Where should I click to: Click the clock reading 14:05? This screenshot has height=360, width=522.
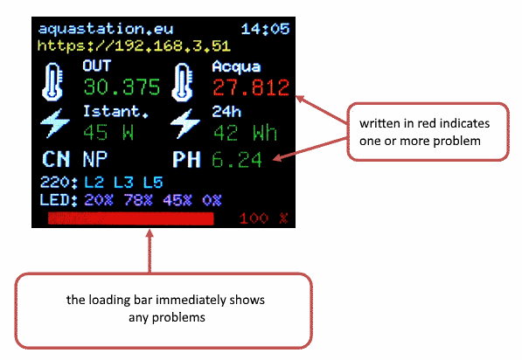tap(265, 29)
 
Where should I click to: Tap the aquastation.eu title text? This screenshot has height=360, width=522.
tap(106, 29)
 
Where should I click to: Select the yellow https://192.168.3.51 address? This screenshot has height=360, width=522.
tap(134, 45)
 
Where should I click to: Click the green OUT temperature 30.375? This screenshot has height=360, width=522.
tap(122, 87)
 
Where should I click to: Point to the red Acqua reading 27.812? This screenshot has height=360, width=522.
tap(251, 88)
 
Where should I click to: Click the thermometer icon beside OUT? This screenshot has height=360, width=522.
tap(52, 82)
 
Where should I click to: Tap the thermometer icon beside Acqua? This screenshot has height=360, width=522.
tap(182, 82)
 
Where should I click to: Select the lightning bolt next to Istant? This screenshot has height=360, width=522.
tap(55, 123)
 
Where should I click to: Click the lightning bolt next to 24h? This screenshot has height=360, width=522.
tap(185, 123)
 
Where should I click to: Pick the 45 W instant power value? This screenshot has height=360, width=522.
tap(108, 133)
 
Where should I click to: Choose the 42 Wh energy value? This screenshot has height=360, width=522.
tap(245, 133)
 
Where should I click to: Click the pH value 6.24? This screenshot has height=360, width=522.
tap(237, 160)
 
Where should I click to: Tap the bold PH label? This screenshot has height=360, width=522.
tap(187, 159)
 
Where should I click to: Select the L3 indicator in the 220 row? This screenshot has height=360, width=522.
tap(123, 183)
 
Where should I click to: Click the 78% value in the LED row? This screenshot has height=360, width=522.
tap(138, 200)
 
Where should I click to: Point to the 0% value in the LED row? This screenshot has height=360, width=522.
tap(212, 200)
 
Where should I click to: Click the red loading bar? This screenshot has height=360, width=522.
tap(131, 218)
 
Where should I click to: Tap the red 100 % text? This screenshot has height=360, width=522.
tap(263, 218)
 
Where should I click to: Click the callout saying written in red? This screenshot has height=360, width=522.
tap(428, 132)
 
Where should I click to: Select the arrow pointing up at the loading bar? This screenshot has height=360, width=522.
tap(150, 251)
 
